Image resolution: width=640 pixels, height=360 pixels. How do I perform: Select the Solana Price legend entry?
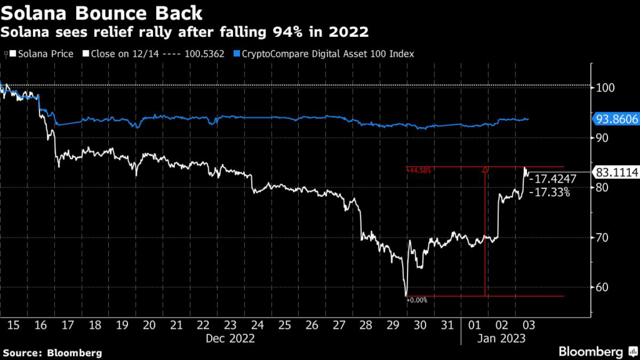click(41, 54)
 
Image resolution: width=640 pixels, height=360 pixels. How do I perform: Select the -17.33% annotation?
click(549, 193)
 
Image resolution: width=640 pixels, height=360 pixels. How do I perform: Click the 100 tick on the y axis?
click(604, 87)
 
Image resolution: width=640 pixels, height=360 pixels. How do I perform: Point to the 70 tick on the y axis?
click(602, 237)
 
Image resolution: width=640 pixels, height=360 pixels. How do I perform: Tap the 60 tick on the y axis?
click(602, 287)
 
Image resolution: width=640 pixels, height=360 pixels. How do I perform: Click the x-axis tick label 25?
click(284, 326)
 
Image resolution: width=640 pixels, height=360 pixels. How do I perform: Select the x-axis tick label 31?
click(447, 326)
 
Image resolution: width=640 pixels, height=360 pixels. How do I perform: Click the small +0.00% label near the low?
click(417, 301)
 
